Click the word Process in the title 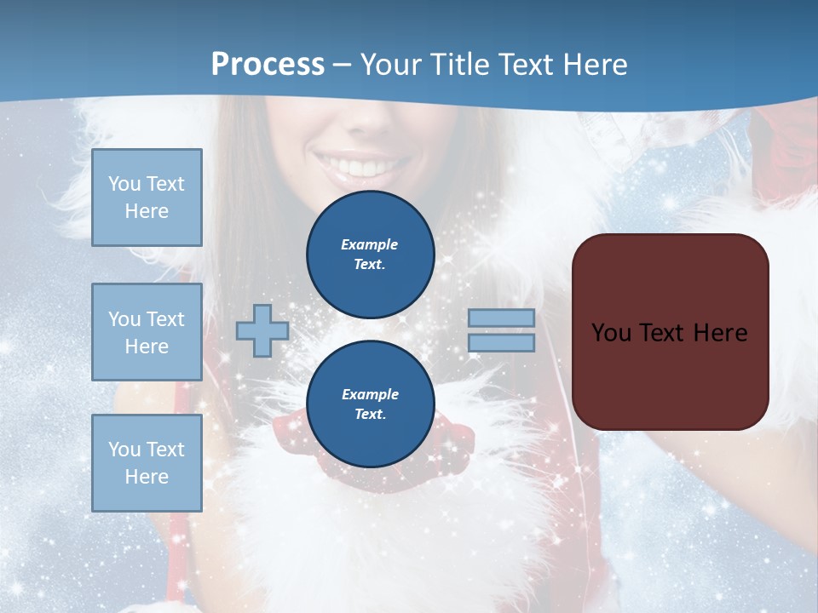(x=268, y=65)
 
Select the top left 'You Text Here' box (x=147, y=198)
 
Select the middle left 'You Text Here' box (x=147, y=332)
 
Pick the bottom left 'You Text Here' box (x=147, y=463)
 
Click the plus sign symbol (x=262, y=330)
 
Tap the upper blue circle (x=371, y=254)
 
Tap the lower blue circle (x=371, y=404)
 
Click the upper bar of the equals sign (x=501, y=318)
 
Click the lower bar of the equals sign (x=501, y=342)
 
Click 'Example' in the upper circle (x=370, y=244)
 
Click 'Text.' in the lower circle (x=371, y=415)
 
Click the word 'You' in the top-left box (x=124, y=184)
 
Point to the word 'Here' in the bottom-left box (x=147, y=477)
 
